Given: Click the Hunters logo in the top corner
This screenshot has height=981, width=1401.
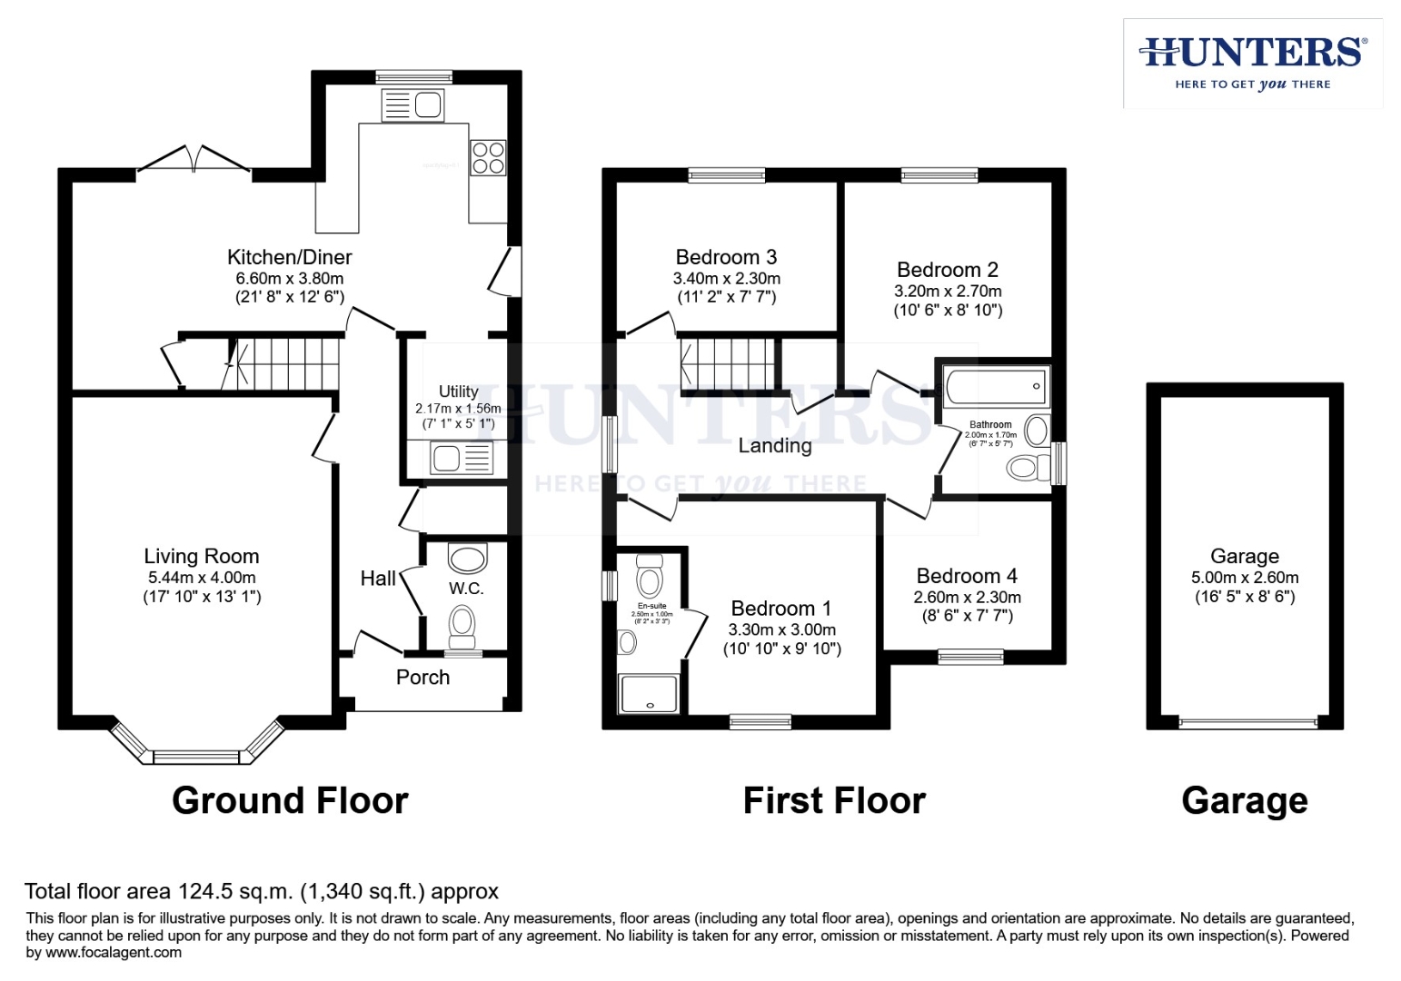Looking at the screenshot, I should point(1252,63).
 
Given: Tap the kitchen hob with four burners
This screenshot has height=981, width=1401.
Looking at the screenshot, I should point(488,157).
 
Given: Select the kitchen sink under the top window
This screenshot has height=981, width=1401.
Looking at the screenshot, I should point(413,105).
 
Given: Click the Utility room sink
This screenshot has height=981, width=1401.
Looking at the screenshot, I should point(462,458).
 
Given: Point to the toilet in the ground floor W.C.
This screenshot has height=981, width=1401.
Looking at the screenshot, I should point(463,624).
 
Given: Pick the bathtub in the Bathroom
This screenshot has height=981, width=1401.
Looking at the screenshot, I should point(996,386).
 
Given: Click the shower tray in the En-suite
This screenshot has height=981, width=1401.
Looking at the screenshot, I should point(648,694).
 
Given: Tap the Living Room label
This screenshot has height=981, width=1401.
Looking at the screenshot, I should point(202,556).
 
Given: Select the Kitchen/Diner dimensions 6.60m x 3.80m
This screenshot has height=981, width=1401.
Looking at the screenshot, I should point(290,279).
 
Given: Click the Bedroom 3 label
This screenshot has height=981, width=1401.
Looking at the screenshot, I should point(726,257).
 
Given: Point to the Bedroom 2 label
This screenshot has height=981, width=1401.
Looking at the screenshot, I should point(947,270).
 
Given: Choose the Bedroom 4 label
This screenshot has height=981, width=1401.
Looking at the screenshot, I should point(967,576).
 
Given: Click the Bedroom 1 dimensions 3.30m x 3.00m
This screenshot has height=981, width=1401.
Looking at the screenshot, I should point(781,629).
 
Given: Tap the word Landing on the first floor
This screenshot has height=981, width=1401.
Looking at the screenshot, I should point(774,445).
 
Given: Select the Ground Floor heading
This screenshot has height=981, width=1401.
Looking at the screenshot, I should point(290,800).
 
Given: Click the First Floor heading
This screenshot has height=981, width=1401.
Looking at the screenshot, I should point(834,800).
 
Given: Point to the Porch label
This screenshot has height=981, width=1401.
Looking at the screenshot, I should point(422,677).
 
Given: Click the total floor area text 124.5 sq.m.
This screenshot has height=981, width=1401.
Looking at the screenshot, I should point(262,891).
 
